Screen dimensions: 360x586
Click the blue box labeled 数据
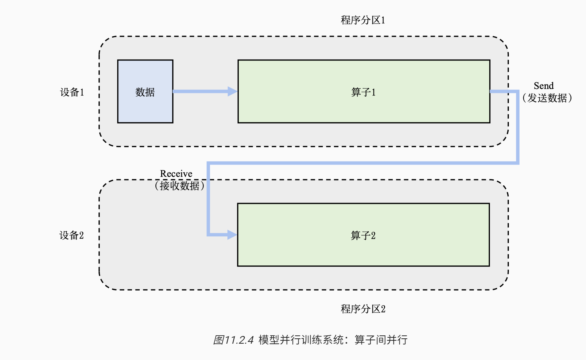145,91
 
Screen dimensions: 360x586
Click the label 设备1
72,92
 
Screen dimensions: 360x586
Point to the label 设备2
71,235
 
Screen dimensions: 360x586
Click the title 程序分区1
363,20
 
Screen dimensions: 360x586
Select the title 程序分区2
363,309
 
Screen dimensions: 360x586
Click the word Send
544,86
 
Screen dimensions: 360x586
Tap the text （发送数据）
547,98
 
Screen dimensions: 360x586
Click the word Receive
176,173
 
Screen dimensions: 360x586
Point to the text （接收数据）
179,186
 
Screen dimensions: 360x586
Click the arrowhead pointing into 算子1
232,91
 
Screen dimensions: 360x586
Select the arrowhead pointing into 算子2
232,235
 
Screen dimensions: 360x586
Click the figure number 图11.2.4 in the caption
234,340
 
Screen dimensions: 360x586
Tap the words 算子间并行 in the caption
381,340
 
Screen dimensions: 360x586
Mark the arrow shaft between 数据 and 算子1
200,91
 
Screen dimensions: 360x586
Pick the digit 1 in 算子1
373,93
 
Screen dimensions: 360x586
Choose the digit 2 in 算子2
373,236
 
